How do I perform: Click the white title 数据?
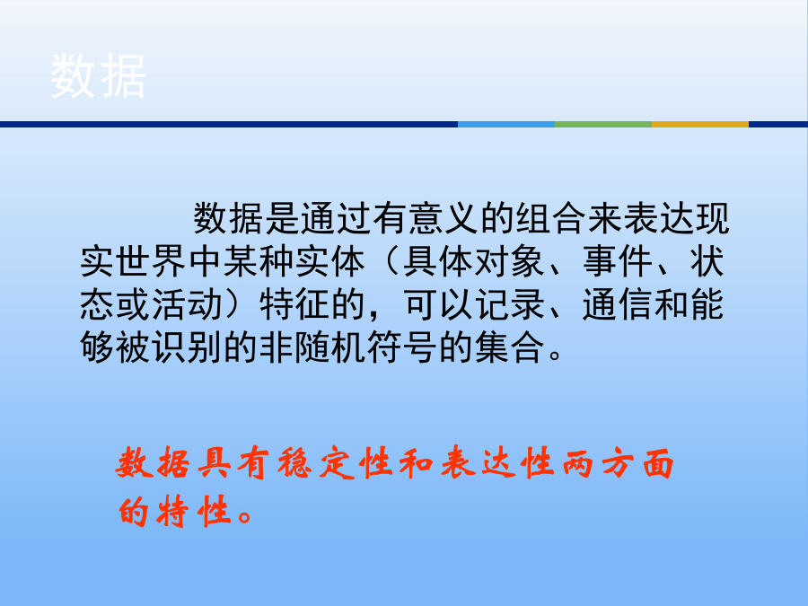98,75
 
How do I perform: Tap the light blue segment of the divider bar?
506,124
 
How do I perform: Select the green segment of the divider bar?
603,124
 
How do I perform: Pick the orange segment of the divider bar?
699,124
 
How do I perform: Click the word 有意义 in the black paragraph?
426,218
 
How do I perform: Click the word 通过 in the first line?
336,218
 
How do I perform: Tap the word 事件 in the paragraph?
618,261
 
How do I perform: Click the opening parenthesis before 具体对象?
391,261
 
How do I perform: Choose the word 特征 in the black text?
295,304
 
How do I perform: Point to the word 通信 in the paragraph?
618,304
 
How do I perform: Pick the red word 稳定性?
337,462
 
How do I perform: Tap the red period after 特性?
244,517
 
